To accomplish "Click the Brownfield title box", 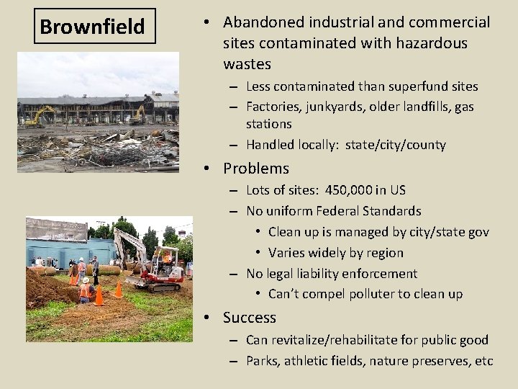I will [x=92, y=27].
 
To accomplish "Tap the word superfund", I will [x=391, y=86].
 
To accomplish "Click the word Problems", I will [x=255, y=169].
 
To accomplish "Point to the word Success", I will [x=249, y=318].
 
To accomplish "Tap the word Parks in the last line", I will [x=262, y=360].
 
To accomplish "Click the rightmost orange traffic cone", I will [x=118, y=290].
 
